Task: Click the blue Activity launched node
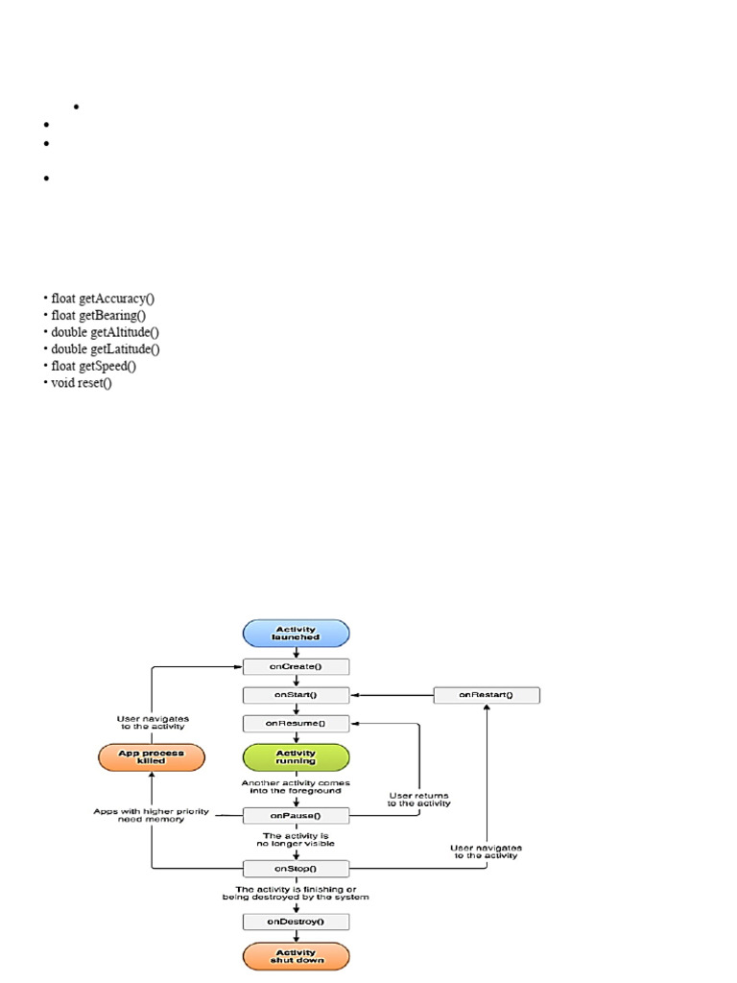point(296,634)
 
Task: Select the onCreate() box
point(296,667)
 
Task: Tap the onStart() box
point(296,695)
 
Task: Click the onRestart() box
point(486,695)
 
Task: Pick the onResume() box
point(296,723)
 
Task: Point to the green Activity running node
point(296,757)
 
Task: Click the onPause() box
point(296,815)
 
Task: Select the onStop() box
point(296,869)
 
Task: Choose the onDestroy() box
point(296,922)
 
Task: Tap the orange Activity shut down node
point(296,956)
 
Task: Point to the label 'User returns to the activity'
point(418,799)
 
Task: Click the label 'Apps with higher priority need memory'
point(151,815)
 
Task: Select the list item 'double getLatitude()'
point(106,349)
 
